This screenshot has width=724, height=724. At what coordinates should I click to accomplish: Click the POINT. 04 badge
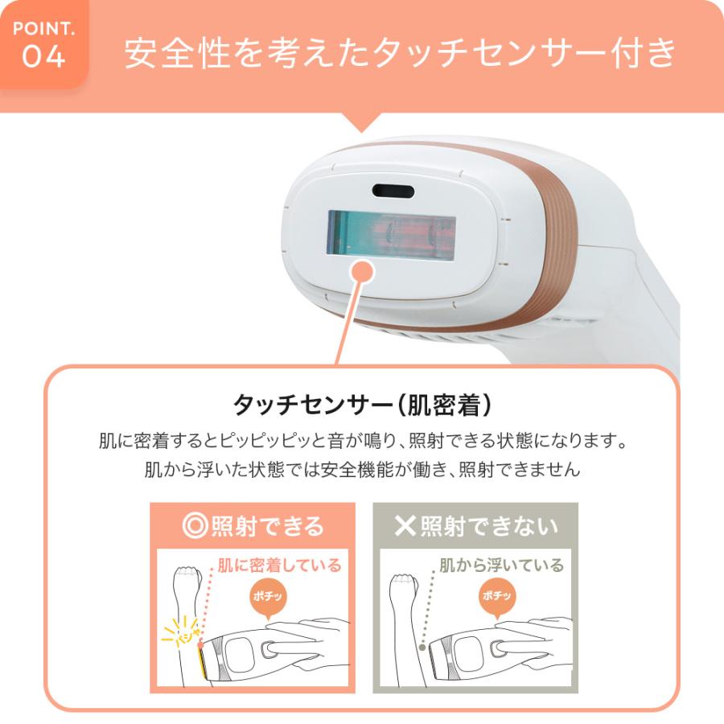click(x=44, y=44)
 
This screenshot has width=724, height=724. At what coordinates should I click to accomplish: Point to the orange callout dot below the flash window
click(x=364, y=272)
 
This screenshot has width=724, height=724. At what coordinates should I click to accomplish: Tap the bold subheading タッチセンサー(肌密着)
click(x=361, y=405)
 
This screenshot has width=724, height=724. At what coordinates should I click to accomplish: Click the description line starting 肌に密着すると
click(x=362, y=442)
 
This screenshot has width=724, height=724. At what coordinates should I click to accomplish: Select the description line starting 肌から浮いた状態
click(x=362, y=470)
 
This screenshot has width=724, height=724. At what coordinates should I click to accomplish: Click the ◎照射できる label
click(x=253, y=526)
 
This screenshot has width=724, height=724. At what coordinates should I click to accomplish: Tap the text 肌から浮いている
click(x=501, y=566)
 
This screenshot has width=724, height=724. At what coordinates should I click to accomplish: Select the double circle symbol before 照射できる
click(x=195, y=526)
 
